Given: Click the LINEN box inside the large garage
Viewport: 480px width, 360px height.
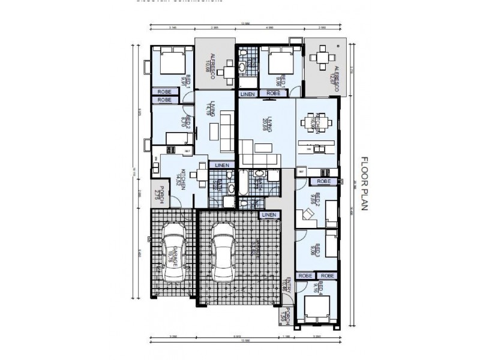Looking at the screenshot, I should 268,214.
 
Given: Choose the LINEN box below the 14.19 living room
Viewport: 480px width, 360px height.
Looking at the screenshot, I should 221,165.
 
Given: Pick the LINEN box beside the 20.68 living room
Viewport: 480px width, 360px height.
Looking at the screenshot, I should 247,94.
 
